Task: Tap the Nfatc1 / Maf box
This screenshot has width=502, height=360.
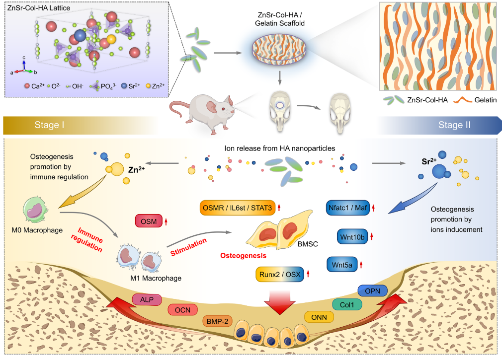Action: tap(348, 208)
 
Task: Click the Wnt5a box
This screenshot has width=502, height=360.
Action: tap(342, 264)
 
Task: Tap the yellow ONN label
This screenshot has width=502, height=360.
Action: tap(319, 316)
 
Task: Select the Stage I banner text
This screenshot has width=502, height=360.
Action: tap(50, 125)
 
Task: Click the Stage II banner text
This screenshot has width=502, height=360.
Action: tap(454, 125)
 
